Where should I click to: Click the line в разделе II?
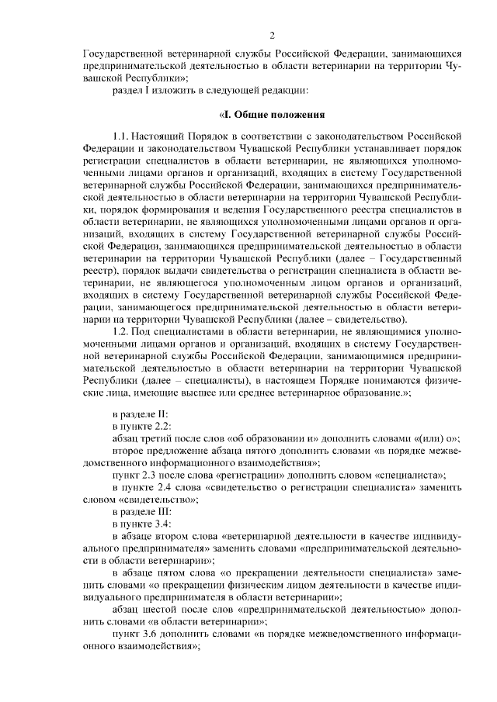[x=136, y=414]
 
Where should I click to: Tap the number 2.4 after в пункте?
[x=168, y=488]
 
